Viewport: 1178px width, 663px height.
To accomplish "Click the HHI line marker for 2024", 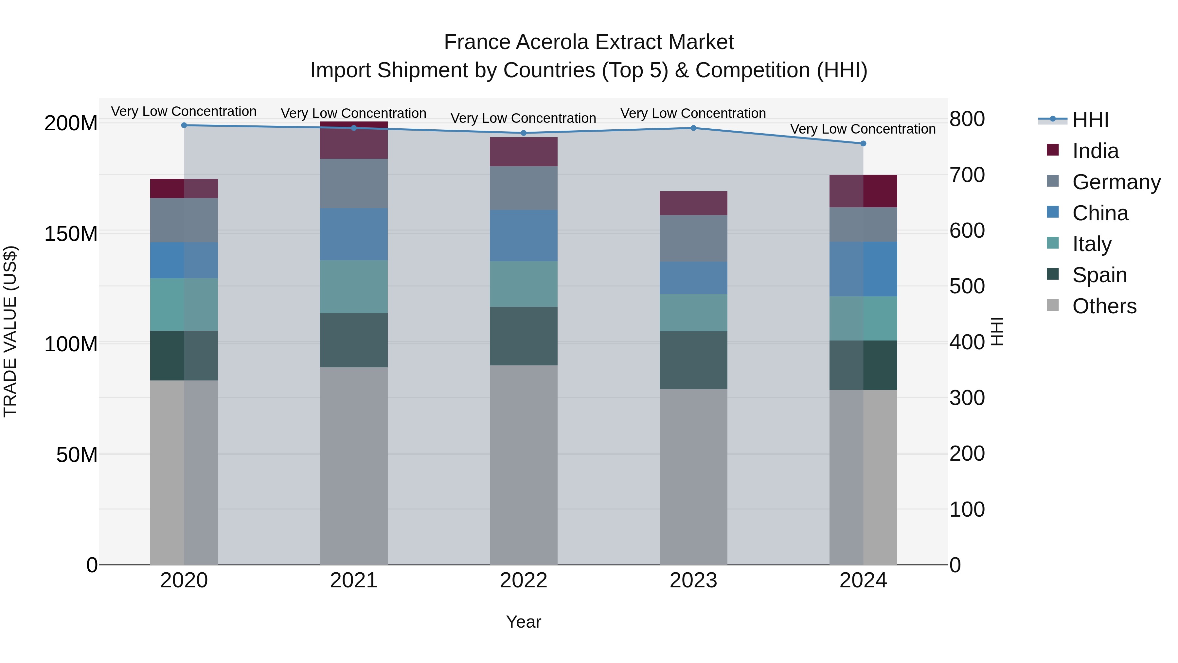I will (863, 144).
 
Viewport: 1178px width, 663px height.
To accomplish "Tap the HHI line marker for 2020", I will (184, 125).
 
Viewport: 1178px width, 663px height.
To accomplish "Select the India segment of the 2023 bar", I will (693, 203).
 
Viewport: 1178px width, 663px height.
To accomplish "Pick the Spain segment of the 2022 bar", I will (524, 336).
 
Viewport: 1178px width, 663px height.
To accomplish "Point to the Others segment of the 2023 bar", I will (693, 476).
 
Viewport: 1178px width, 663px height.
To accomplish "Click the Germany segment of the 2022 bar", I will (524, 188).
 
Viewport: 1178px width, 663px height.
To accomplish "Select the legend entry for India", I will (1095, 151).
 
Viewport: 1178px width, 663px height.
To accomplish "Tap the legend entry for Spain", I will (1099, 275).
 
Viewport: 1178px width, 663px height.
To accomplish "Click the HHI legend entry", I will (1090, 120).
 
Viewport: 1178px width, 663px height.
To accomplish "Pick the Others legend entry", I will (1104, 306).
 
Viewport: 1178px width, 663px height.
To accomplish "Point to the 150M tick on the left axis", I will (71, 234).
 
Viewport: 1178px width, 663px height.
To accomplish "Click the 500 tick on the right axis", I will (967, 286).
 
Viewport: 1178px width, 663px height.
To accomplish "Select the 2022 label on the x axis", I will (524, 580).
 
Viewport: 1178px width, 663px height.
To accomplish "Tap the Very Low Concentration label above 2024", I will (863, 129).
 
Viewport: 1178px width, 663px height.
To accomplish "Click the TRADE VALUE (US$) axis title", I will (10, 331).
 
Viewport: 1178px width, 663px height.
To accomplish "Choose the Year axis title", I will (524, 622).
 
